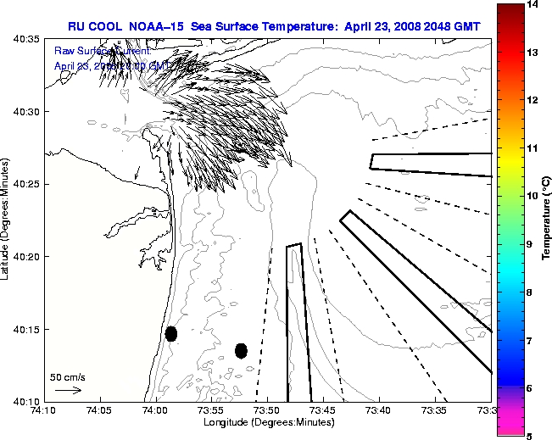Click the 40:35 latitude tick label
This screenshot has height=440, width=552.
tap(27, 39)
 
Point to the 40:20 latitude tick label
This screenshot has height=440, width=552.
tap(27, 256)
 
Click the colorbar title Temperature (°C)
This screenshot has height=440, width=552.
tap(547, 220)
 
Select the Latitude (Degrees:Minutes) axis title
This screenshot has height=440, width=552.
tap(7, 220)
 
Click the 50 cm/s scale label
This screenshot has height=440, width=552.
tap(68, 377)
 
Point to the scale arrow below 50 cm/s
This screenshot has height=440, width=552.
tap(68, 390)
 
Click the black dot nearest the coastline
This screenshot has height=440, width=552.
tap(171, 333)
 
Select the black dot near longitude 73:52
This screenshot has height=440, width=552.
tap(241, 350)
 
